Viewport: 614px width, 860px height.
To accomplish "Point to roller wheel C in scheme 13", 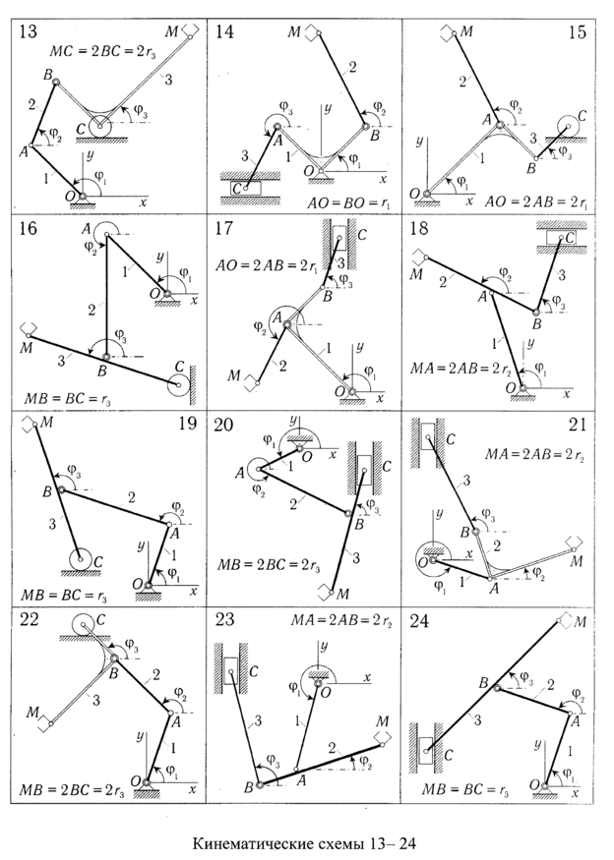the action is point(100,127).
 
